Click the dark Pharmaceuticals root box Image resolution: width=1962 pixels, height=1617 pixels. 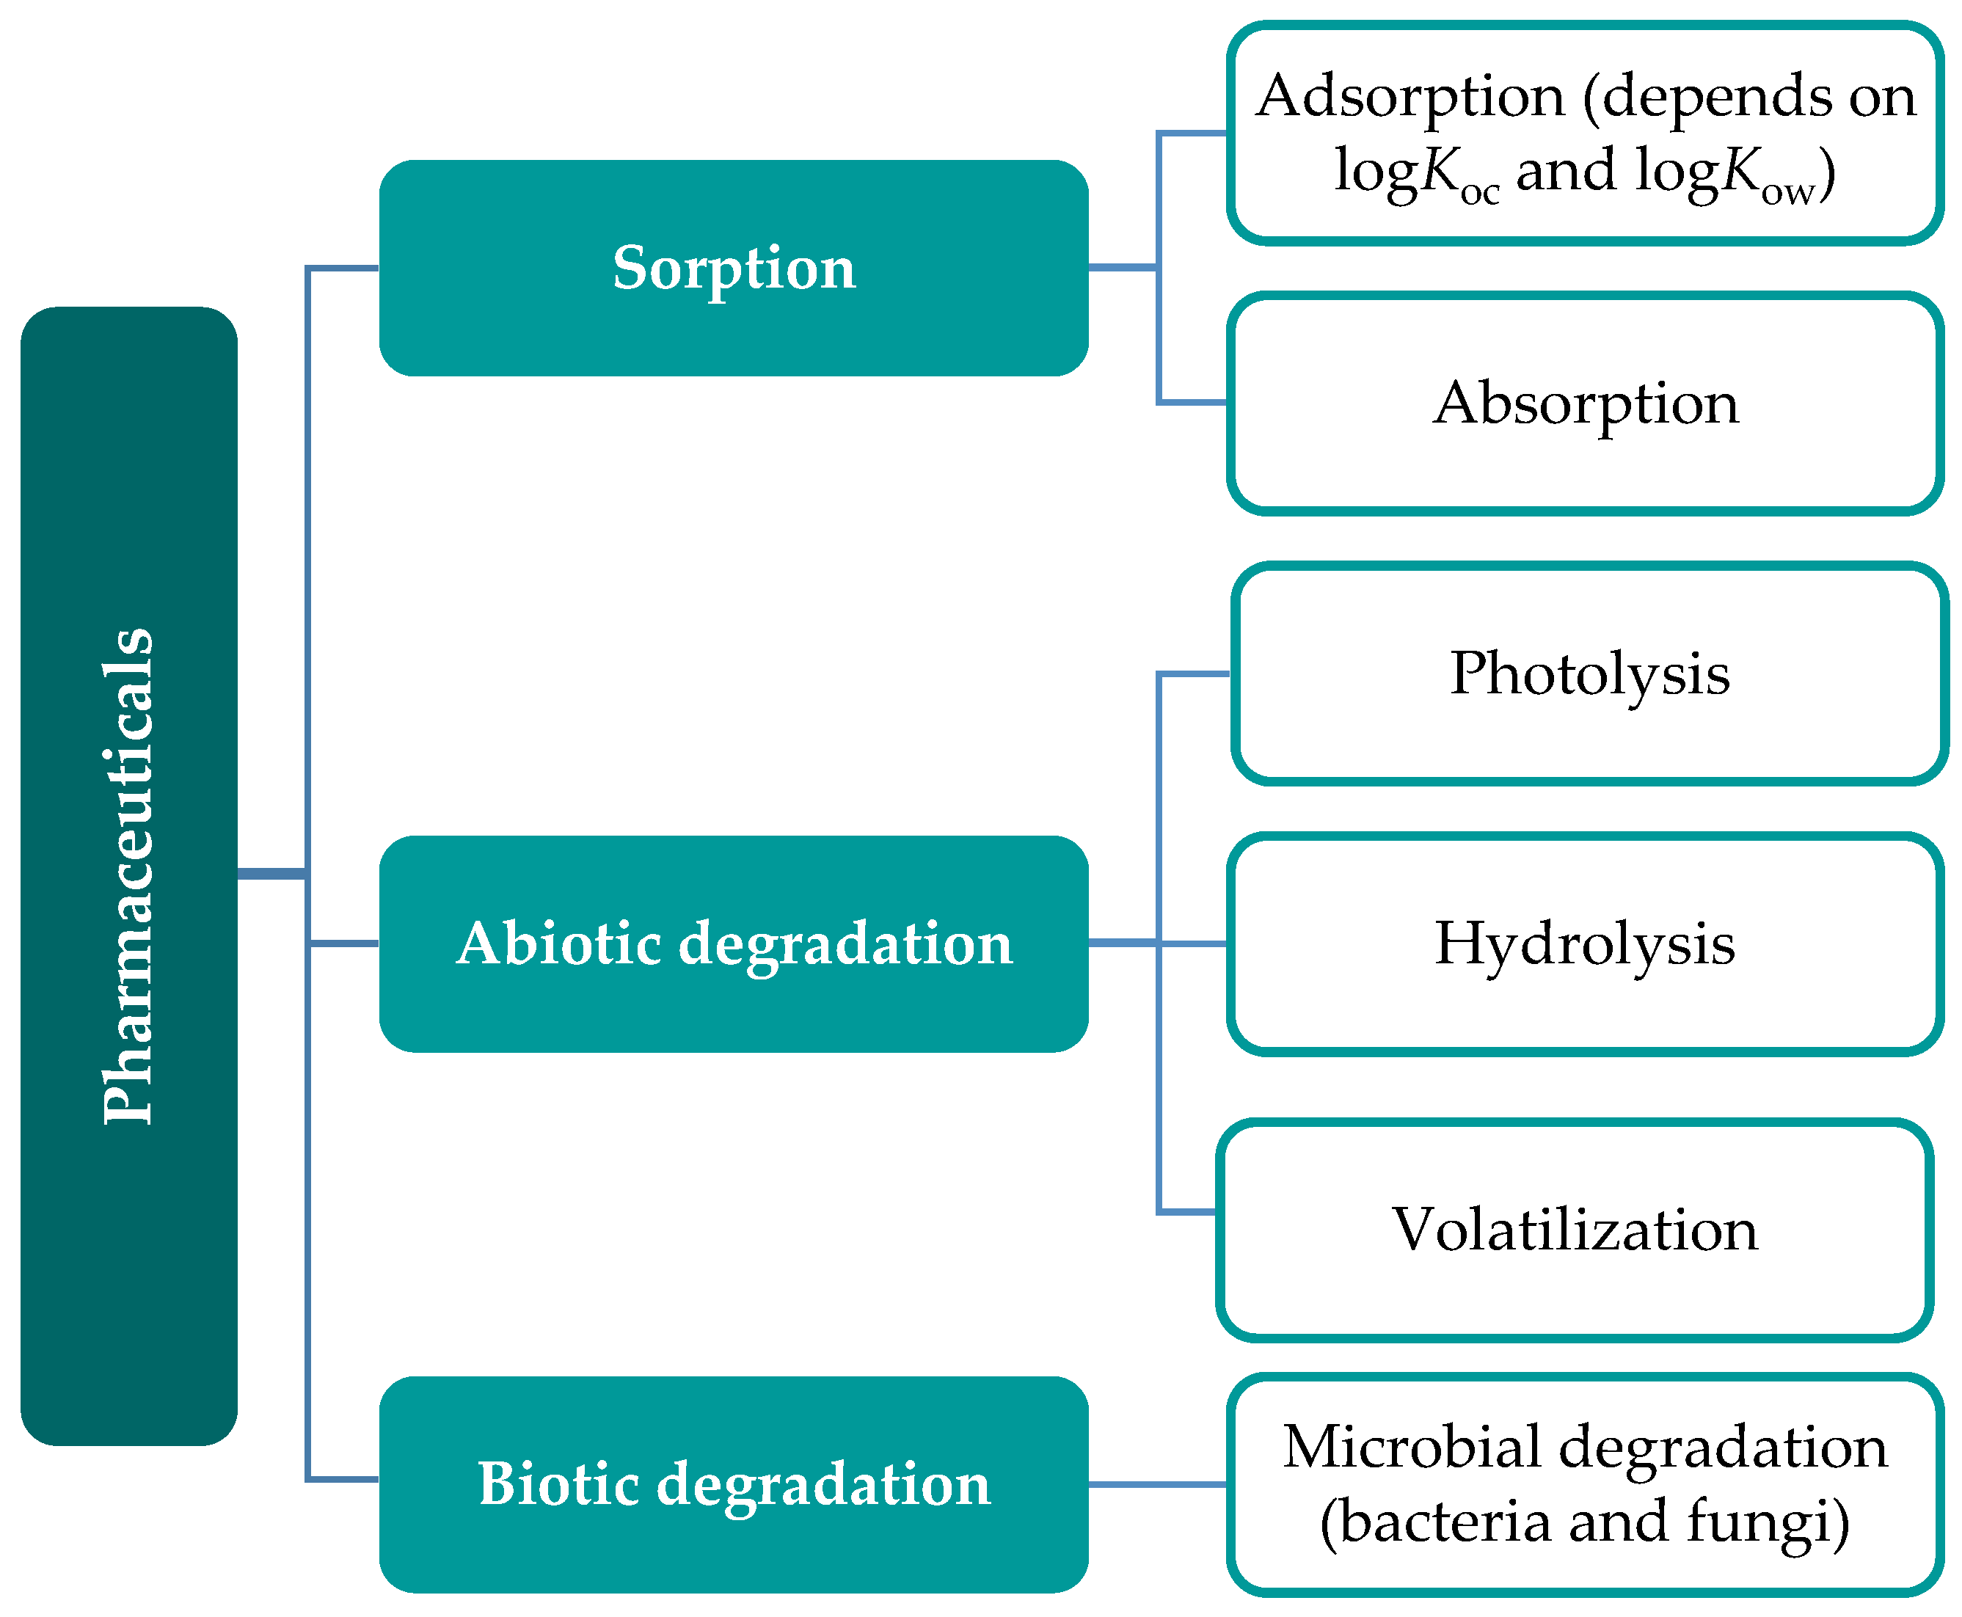(x=128, y=875)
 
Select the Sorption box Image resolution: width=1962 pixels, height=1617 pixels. (x=733, y=269)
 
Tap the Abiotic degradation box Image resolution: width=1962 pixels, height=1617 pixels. (x=733, y=943)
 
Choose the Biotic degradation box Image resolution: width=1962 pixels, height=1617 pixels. (x=733, y=1483)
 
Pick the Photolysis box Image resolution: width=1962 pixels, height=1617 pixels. (x=1589, y=674)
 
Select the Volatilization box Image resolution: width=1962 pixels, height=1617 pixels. (x=1575, y=1230)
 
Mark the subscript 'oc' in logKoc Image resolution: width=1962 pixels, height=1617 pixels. (x=1479, y=193)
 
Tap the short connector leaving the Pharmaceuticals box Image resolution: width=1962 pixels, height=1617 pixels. (x=271, y=874)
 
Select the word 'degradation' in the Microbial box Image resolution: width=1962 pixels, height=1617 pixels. (x=1723, y=1448)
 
